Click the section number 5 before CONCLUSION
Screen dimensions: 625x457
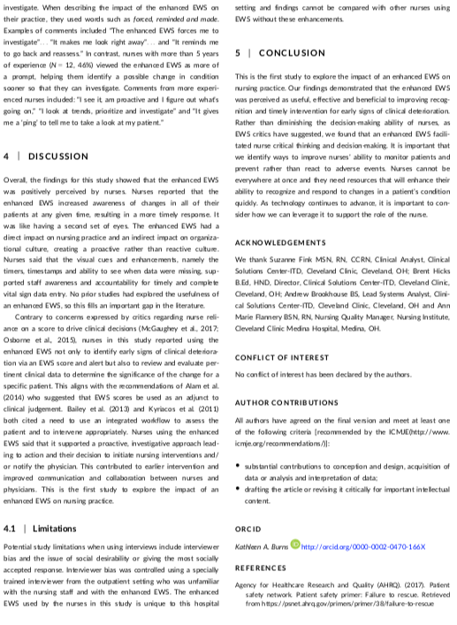tap(238, 53)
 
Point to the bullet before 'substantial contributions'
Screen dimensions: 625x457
tap(239, 463)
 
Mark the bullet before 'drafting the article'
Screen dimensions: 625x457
tap(239, 486)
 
